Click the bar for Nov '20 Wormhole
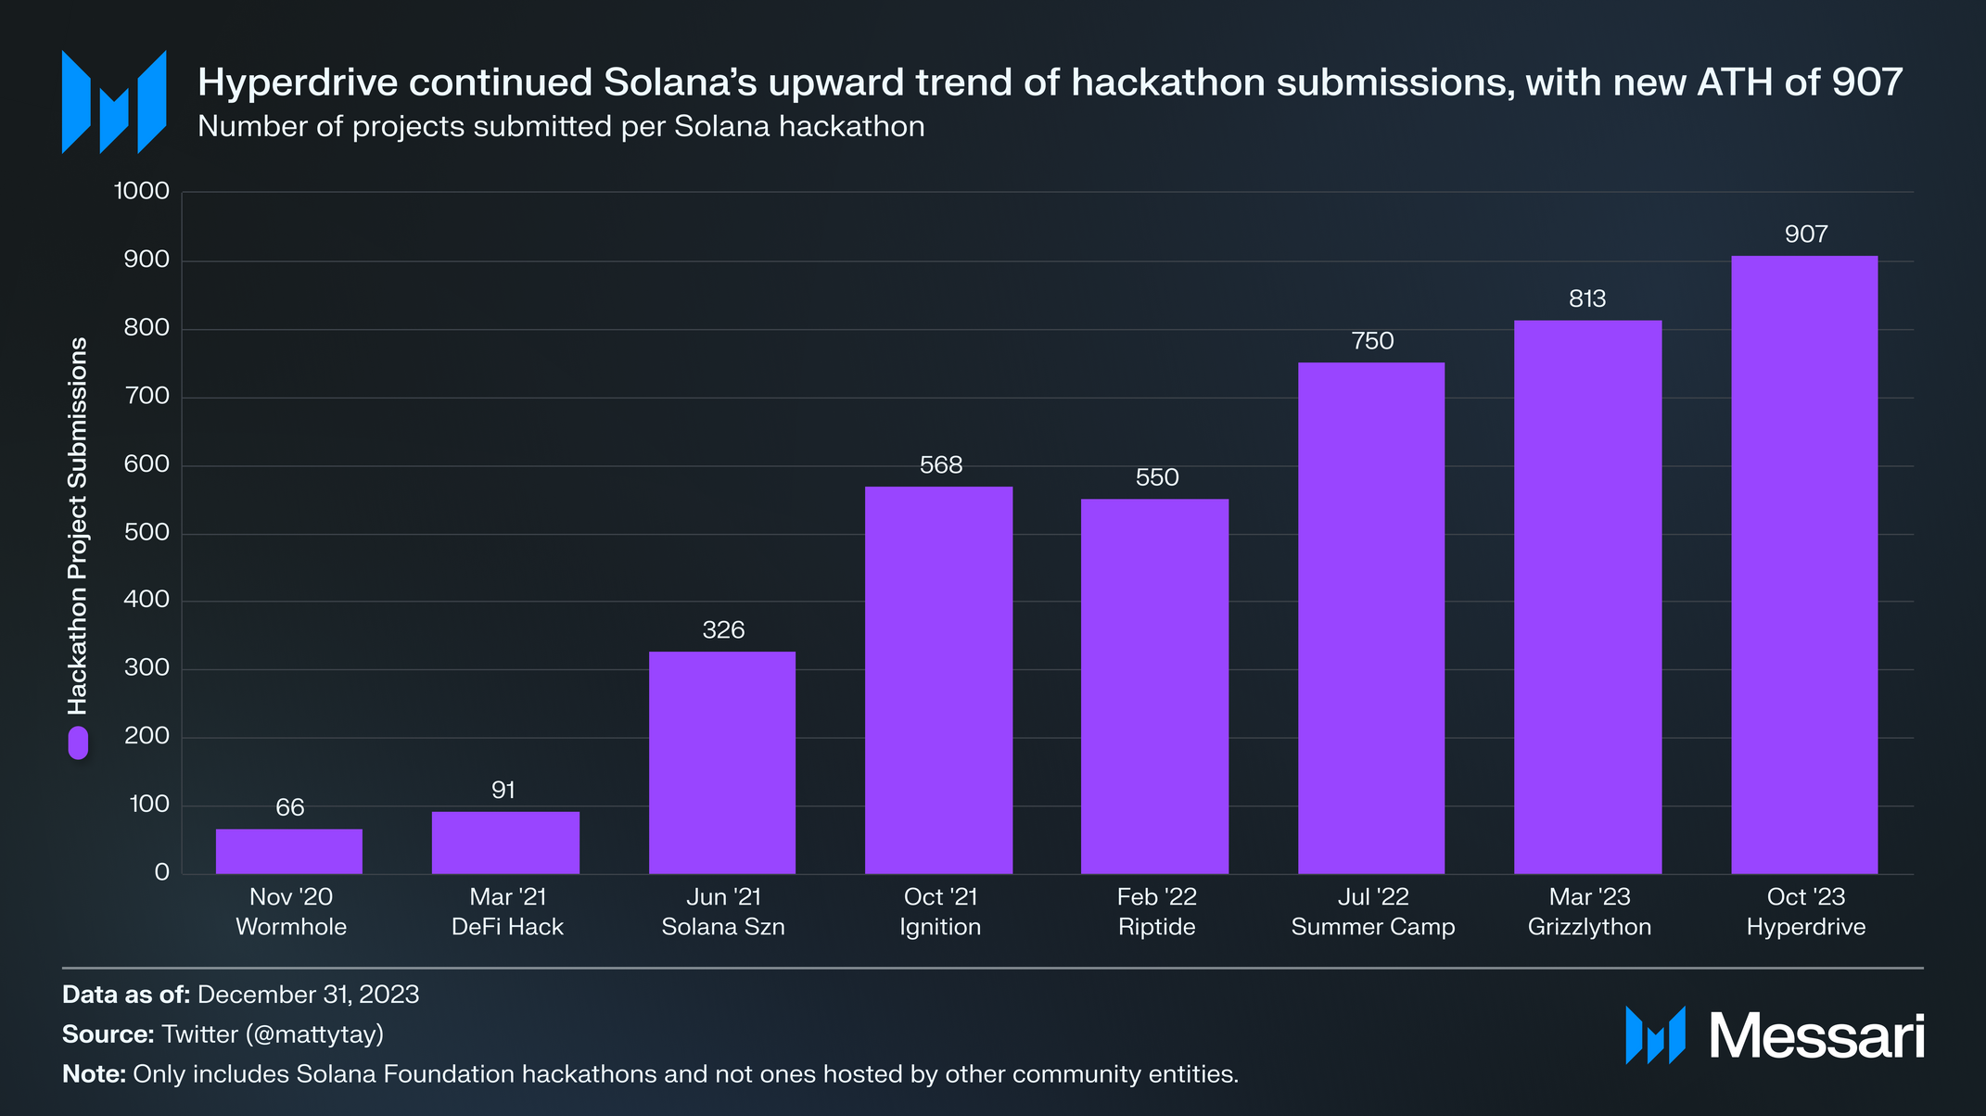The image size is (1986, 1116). [x=289, y=851]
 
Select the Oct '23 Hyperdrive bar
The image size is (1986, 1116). [x=1804, y=564]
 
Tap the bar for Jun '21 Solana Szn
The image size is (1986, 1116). [x=722, y=762]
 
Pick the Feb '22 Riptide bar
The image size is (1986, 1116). [x=1154, y=686]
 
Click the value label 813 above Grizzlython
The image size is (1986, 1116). [x=1587, y=299]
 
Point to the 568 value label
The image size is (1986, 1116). [x=941, y=465]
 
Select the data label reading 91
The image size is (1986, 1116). [x=503, y=791]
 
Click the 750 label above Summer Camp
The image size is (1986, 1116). [x=1372, y=341]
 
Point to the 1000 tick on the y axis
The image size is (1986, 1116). [x=142, y=191]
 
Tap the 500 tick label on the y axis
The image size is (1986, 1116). [x=146, y=532]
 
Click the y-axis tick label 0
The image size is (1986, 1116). [x=162, y=872]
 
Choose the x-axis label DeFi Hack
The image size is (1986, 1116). [x=507, y=927]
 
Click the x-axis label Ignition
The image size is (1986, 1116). [x=940, y=927]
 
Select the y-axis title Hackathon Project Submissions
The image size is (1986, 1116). [x=78, y=526]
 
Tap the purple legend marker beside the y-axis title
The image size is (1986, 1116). [x=78, y=742]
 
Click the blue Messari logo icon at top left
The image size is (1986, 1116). [x=113, y=102]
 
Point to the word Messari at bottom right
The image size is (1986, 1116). [x=1816, y=1035]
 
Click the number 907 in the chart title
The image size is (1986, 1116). [x=1866, y=82]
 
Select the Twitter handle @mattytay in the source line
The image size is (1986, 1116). [x=314, y=1034]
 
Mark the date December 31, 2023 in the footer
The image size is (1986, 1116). [x=308, y=995]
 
